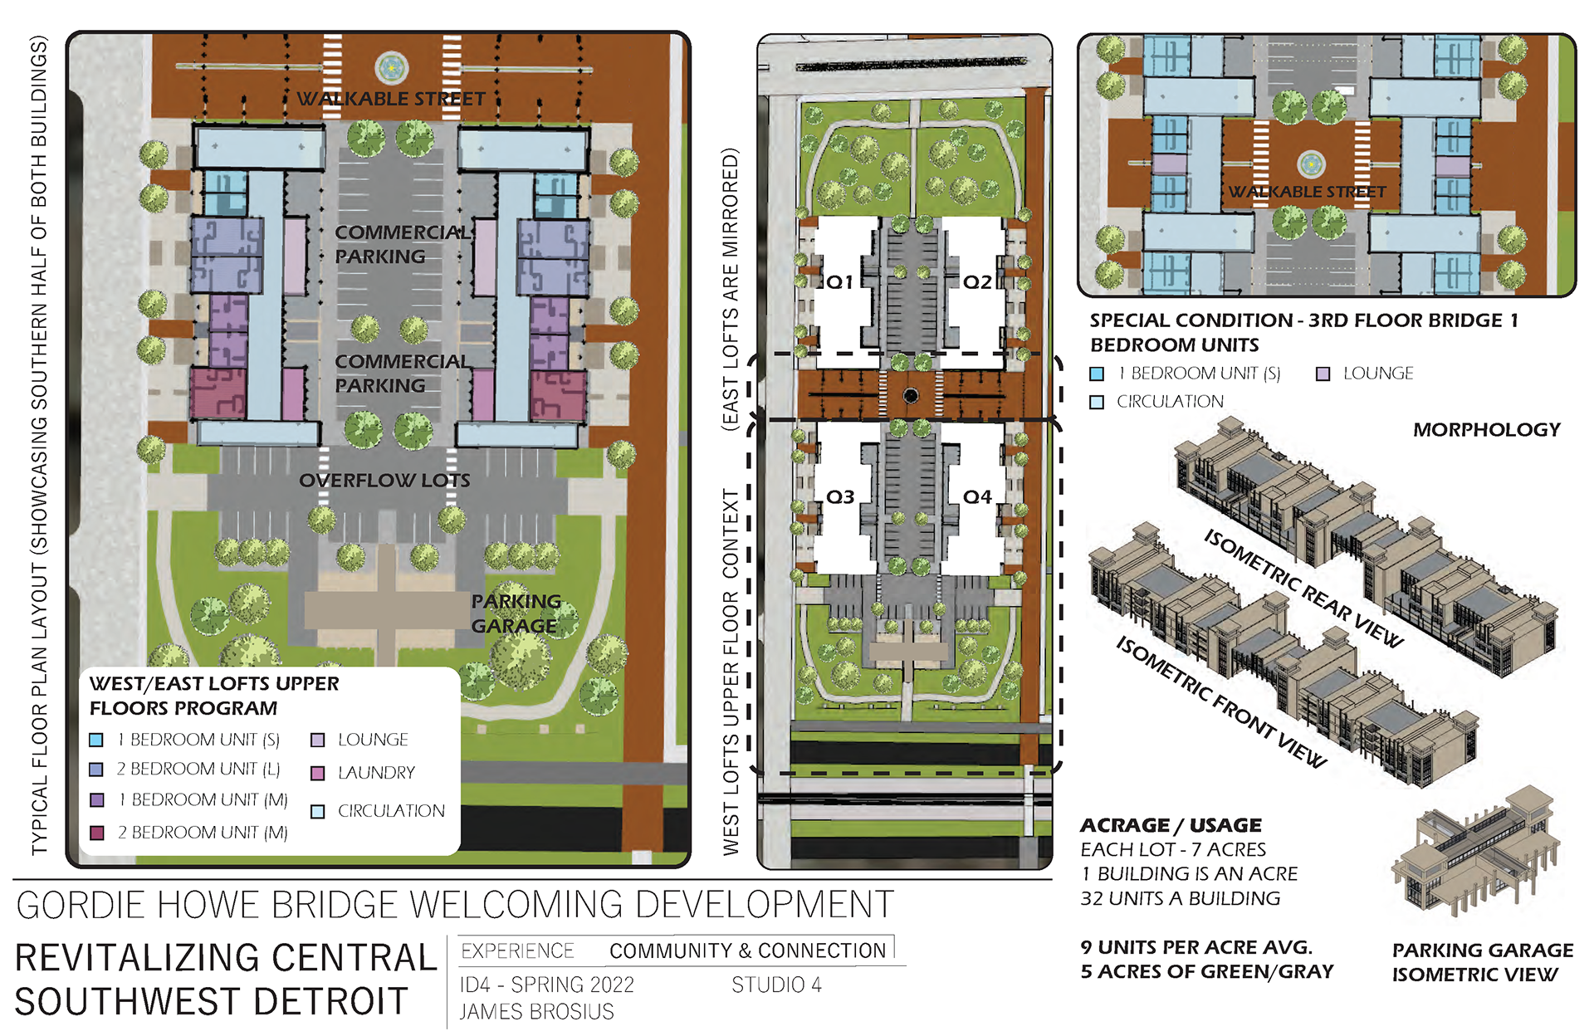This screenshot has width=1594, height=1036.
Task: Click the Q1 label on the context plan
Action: (x=839, y=281)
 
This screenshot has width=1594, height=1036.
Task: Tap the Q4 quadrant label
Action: (x=977, y=496)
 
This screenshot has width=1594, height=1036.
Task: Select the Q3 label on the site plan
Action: (x=839, y=496)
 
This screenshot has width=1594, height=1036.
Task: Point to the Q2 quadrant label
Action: (x=977, y=281)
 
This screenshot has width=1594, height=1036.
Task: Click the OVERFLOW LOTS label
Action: (x=384, y=481)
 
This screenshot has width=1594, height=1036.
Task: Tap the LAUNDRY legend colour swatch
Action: (x=317, y=773)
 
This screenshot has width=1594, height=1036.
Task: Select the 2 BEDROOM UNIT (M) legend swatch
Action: (x=96, y=832)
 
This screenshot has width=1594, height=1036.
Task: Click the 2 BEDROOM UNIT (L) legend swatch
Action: (x=96, y=770)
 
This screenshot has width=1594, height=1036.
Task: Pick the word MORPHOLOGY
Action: (x=1487, y=429)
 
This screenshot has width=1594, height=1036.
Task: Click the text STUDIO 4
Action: (x=776, y=985)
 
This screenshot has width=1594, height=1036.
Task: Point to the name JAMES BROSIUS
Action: (x=536, y=1012)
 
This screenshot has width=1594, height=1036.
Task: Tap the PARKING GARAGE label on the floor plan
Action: (x=516, y=613)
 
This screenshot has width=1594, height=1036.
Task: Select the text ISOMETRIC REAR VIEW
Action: (x=1303, y=588)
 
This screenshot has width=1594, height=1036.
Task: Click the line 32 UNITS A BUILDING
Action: (x=1180, y=898)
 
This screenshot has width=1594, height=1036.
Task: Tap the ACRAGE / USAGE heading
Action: (x=1171, y=825)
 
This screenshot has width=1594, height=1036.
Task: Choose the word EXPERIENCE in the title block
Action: (x=517, y=950)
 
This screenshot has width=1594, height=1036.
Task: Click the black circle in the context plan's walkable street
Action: (x=911, y=396)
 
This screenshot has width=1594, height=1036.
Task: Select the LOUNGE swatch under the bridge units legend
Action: (x=1323, y=374)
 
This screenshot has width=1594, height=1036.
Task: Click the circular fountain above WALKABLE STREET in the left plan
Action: (x=392, y=68)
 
